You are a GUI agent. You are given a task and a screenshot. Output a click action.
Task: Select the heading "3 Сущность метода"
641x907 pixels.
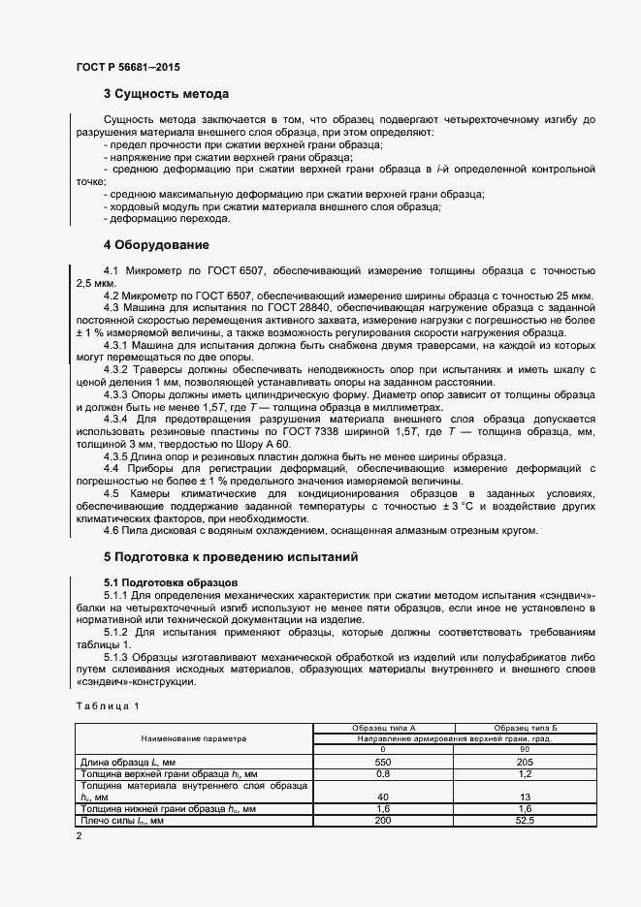click(166, 94)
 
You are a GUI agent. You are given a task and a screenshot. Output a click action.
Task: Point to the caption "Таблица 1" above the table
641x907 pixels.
click(108, 705)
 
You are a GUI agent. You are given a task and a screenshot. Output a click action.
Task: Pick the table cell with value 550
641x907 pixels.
click(383, 762)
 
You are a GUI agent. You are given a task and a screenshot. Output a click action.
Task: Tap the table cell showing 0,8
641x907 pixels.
click(383, 773)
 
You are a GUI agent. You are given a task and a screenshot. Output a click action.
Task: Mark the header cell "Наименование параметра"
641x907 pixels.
click(194, 737)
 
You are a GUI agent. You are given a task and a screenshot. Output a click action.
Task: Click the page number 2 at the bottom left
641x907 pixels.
click(79, 834)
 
